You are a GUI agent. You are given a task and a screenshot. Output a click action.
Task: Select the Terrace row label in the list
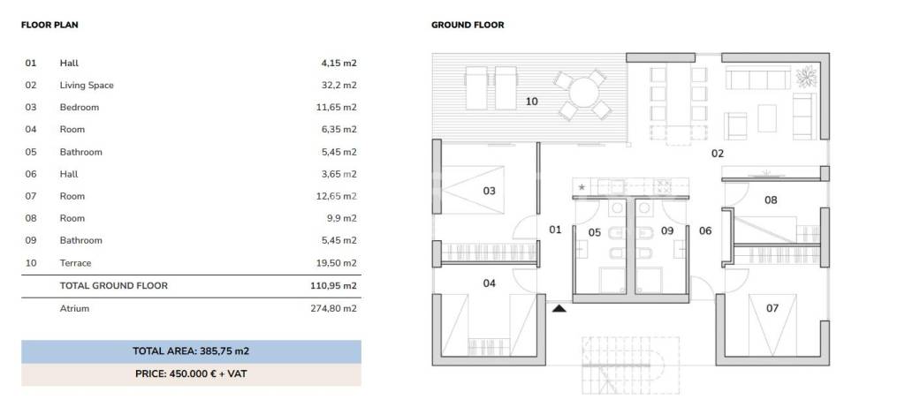click(76, 263)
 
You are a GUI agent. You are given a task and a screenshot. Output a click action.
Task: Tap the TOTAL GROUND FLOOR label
click(114, 285)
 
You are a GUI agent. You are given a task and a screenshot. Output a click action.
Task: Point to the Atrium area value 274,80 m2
click(333, 308)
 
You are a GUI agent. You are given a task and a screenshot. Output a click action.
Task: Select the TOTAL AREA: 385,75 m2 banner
click(191, 351)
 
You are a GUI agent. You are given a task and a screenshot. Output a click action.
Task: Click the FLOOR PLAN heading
click(49, 25)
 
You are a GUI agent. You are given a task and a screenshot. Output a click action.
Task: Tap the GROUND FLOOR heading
click(468, 25)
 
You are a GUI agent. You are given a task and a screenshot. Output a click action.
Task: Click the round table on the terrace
click(583, 93)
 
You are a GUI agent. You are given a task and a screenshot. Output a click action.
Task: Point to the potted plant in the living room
click(806, 77)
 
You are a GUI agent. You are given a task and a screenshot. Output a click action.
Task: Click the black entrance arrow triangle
click(559, 308)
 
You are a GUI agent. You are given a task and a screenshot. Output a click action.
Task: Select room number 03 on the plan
click(489, 191)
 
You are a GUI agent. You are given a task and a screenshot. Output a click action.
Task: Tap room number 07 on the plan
click(772, 308)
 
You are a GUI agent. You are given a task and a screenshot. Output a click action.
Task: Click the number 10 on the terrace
click(531, 102)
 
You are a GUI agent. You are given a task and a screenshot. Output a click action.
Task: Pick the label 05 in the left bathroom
click(595, 232)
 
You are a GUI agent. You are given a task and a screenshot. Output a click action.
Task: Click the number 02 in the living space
click(718, 154)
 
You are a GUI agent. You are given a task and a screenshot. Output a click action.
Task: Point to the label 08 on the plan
click(771, 200)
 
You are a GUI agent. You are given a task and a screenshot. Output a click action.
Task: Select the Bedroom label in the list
click(79, 107)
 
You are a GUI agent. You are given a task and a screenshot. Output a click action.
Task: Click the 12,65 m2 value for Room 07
click(337, 196)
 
